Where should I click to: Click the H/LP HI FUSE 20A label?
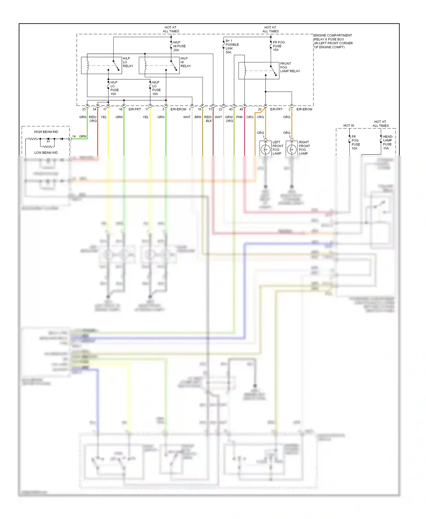(x=179, y=46)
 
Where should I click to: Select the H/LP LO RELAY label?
(x=128, y=62)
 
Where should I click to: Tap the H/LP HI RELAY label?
(x=185, y=62)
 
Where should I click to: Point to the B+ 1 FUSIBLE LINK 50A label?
(x=232, y=47)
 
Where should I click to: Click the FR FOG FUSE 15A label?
(x=278, y=46)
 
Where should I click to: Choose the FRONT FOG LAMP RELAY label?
(x=290, y=67)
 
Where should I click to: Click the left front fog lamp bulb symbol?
(x=266, y=149)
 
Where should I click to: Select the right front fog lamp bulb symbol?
(x=292, y=149)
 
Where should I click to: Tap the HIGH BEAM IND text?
(x=46, y=132)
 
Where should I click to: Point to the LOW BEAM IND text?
(x=46, y=152)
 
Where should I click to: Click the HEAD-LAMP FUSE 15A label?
(x=388, y=142)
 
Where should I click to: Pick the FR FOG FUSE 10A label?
(x=356, y=143)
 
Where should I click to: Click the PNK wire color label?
(x=239, y=117)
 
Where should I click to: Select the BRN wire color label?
(x=198, y=117)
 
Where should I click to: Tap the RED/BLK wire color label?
(x=208, y=119)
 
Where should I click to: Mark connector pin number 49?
(x=241, y=109)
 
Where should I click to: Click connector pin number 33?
(x=84, y=109)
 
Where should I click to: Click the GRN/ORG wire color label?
(x=229, y=119)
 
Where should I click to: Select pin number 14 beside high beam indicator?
(x=74, y=136)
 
